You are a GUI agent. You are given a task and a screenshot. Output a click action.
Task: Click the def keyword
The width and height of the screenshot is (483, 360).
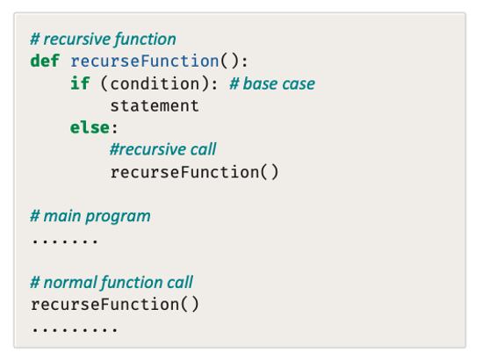point(45,61)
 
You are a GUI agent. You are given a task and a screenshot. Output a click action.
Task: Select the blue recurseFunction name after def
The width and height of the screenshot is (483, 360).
point(145,61)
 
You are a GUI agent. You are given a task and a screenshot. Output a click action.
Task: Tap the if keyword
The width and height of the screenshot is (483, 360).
point(80,83)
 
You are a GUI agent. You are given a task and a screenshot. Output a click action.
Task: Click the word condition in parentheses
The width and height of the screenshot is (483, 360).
point(155,83)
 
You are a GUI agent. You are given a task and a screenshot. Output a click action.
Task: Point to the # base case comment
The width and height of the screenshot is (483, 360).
point(272,83)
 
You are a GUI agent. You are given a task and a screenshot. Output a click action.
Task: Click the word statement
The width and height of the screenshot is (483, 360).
point(155,106)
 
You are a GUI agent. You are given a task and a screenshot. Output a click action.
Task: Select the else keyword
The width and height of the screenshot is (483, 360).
point(90,127)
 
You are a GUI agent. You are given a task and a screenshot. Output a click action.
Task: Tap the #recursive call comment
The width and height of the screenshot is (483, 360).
point(163,149)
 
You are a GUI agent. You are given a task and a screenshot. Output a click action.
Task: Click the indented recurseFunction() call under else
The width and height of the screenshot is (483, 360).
point(194,172)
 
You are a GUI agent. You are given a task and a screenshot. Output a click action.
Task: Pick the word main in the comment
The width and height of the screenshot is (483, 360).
point(62,216)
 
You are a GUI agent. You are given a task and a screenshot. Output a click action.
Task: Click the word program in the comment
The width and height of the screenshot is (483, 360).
point(118,217)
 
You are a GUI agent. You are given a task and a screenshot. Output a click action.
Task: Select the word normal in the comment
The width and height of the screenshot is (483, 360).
point(70,283)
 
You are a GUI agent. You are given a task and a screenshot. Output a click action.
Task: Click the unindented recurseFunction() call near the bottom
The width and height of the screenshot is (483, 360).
point(115,305)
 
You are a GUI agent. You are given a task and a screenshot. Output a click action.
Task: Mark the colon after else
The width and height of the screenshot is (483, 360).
point(115,129)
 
